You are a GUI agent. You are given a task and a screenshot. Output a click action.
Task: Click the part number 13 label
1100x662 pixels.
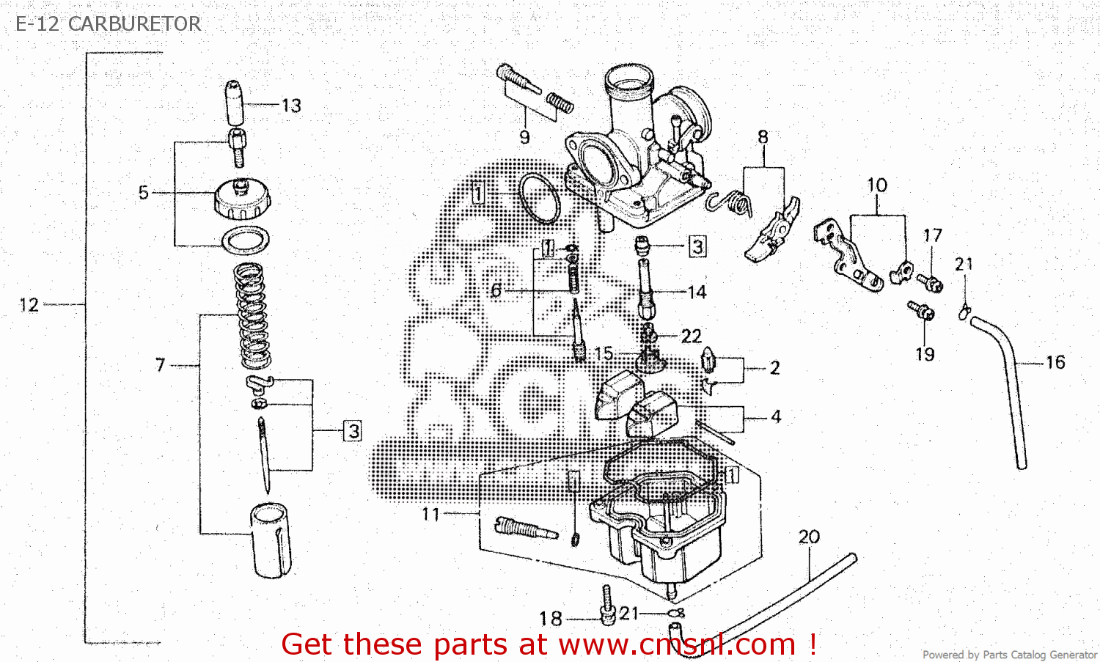coord(291,106)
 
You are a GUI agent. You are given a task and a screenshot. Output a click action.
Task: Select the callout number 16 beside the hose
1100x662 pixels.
coord(1055,362)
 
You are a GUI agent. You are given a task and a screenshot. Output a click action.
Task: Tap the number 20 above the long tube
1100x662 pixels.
coord(809,537)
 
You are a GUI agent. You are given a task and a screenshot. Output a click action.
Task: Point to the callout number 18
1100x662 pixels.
coord(550,619)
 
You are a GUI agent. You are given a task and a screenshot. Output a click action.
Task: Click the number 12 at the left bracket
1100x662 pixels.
coord(29,305)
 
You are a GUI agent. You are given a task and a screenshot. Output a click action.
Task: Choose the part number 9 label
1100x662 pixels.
coord(524,137)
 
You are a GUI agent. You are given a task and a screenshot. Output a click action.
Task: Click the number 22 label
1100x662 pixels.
coord(691,336)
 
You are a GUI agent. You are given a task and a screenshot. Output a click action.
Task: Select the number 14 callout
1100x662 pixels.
coord(697,293)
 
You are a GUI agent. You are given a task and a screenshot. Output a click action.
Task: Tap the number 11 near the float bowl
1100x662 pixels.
coord(430,515)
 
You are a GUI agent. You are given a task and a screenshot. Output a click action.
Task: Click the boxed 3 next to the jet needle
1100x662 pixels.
coord(353,431)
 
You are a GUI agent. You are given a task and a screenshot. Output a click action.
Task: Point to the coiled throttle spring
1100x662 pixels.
coord(252,315)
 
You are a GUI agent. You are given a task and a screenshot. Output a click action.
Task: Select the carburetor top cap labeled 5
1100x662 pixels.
coord(242,199)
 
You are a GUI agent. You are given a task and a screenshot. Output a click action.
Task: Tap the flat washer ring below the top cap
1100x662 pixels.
coord(245,240)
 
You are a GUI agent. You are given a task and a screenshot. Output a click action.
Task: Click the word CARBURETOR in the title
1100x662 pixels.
coord(134,24)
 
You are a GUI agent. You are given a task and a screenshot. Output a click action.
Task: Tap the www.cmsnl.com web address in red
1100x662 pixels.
coord(677,645)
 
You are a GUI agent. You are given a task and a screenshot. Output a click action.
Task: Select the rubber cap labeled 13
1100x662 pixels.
coord(235,103)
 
